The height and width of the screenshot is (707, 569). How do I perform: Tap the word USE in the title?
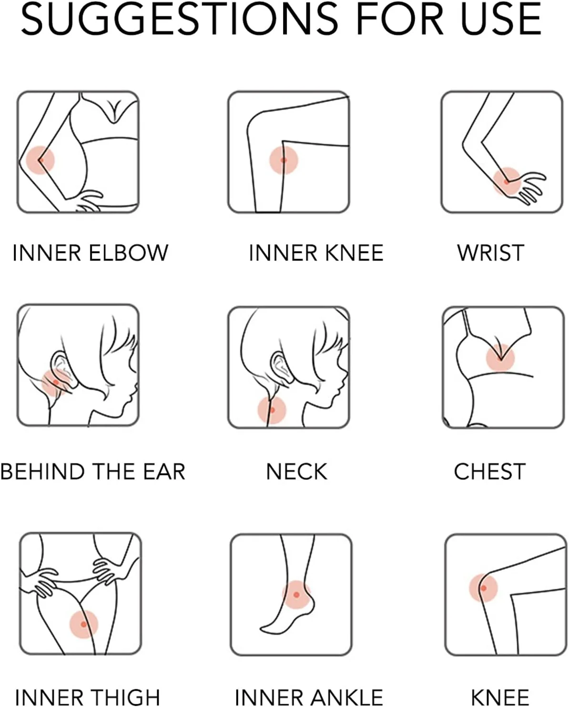point(501,19)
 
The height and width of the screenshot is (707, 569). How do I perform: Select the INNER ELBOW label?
point(90,253)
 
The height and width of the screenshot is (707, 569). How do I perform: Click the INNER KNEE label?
point(316,253)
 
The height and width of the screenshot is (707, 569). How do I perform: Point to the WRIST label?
point(490,253)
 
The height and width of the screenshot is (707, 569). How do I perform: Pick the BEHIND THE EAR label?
point(93,472)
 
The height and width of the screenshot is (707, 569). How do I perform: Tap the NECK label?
point(296,472)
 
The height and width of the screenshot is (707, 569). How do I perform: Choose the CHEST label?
point(490,472)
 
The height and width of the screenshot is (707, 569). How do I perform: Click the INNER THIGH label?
point(88,697)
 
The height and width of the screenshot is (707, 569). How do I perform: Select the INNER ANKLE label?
point(309,697)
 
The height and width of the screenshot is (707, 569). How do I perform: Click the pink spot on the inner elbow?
point(41,160)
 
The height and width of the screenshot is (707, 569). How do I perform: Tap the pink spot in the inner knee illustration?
point(284,160)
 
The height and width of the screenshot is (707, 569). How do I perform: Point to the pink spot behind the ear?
point(56,383)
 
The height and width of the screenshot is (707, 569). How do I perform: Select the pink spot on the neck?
point(272,410)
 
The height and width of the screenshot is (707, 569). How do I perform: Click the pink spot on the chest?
point(500,357)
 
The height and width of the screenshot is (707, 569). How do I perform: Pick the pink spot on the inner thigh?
point(84,624)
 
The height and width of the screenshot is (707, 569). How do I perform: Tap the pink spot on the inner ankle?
point(296,594)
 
